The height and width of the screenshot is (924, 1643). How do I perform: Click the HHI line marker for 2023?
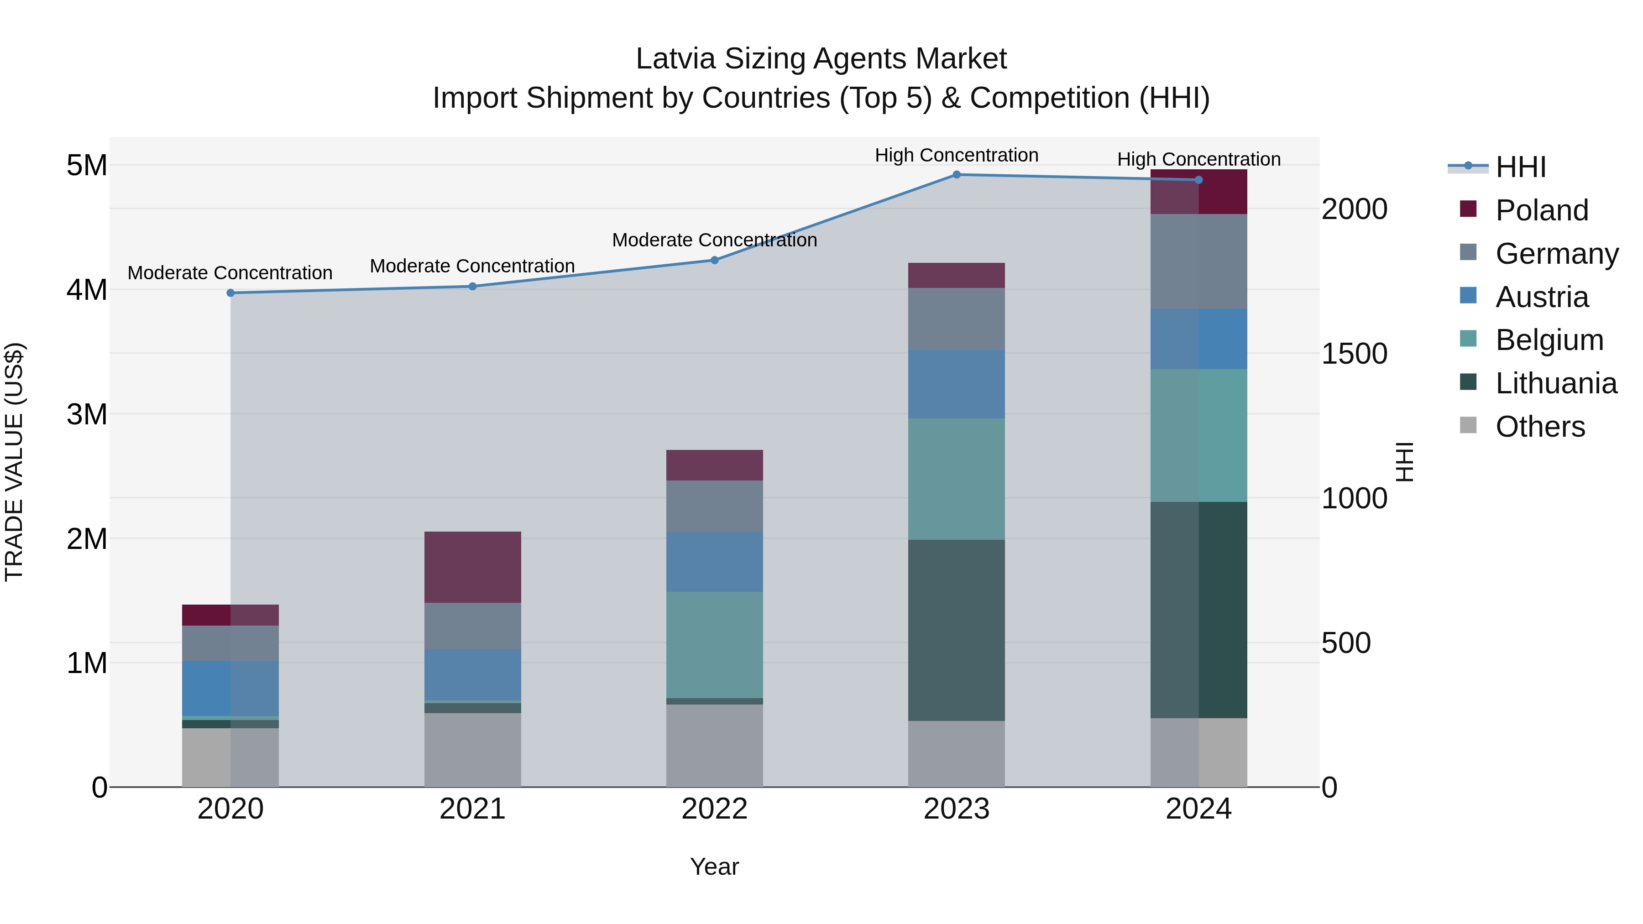click(956, 175)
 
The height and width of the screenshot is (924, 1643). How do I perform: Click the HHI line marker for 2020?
click(230, 292)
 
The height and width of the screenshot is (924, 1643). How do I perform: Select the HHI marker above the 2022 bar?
click(714, 260)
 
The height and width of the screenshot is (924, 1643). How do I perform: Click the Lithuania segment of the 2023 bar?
click(956, 630)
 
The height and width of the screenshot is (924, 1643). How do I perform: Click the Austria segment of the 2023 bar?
click(956, 384)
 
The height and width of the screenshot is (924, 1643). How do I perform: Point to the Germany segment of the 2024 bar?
click(1198, 261)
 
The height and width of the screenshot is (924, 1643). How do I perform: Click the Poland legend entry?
click(1540, 210)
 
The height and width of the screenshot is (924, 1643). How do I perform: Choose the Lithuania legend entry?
click(1555, 383)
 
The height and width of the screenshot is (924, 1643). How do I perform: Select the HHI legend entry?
click(1519, 167)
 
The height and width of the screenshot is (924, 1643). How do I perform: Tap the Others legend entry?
click(1539, 427)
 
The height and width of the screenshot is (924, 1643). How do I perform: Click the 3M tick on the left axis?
click(87, 414)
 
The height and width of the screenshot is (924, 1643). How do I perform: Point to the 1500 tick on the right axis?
click(1354, 354)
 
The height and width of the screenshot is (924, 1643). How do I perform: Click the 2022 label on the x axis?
click(714, 809)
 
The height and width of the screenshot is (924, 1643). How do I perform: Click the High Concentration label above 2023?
click(956, 155)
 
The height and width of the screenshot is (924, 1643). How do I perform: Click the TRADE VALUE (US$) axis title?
click(14, 462)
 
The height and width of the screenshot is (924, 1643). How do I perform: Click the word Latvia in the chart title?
click(675, 59)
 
